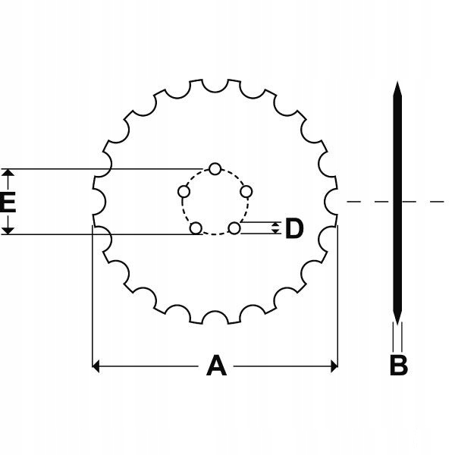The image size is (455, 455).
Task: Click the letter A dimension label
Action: click(216, 366)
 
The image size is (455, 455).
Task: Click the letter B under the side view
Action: click(399, 365)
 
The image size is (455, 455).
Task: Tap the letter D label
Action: click(294, 228)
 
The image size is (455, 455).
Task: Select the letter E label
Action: click(8, 202)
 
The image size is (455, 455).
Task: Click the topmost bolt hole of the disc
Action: click(215, 169)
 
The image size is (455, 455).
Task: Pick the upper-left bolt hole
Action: click(184, 192)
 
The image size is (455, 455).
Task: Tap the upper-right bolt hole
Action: click(246, 192)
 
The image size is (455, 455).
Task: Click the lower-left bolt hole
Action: click(196, 228)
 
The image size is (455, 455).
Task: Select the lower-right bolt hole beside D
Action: click(234, 228)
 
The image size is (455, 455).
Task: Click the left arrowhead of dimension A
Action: click(96, 366)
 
